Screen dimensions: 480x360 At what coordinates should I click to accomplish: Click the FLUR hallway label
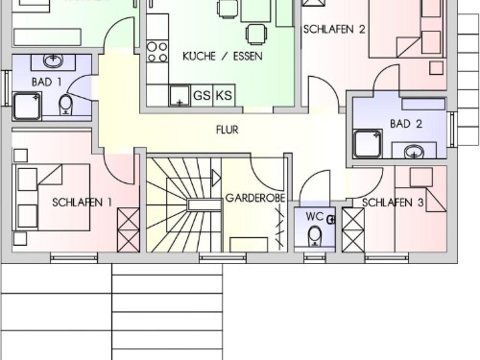pos(228,130)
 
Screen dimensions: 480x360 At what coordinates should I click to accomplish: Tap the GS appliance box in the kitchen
pos(202,95)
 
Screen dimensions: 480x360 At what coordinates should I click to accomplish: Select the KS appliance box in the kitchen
pos(224,95)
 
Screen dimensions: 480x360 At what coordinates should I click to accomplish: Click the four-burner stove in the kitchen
pos(157,52)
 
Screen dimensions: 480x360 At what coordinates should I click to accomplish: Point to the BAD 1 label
pos(46,82)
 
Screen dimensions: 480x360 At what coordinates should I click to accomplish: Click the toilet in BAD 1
pos(66,105)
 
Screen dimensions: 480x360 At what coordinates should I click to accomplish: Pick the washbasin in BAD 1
pos(53,60)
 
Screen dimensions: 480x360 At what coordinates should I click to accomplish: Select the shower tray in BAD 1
pos(27,107)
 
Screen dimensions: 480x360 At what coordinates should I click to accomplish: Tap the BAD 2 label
pos(406,124)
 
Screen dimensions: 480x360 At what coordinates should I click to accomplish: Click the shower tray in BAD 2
pos(368,144)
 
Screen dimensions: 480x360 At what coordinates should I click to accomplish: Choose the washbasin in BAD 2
pos(414,152)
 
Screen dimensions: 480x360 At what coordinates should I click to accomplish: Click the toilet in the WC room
pos(314,236)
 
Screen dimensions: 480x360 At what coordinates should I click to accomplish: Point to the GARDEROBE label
pos(255,198)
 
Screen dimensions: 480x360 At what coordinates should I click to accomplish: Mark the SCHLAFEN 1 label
pos(82,203)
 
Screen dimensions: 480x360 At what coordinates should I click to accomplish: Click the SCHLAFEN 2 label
pos(334,30)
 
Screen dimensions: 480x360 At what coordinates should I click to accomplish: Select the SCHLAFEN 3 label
pos(393,203)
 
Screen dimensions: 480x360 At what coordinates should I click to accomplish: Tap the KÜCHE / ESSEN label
pos(223,57)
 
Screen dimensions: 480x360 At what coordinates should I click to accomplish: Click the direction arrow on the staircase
pos(216,178)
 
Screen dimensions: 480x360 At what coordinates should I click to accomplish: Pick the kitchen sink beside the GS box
pos(180,95)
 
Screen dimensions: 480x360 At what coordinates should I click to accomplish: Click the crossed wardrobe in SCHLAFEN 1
pos(129,229)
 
